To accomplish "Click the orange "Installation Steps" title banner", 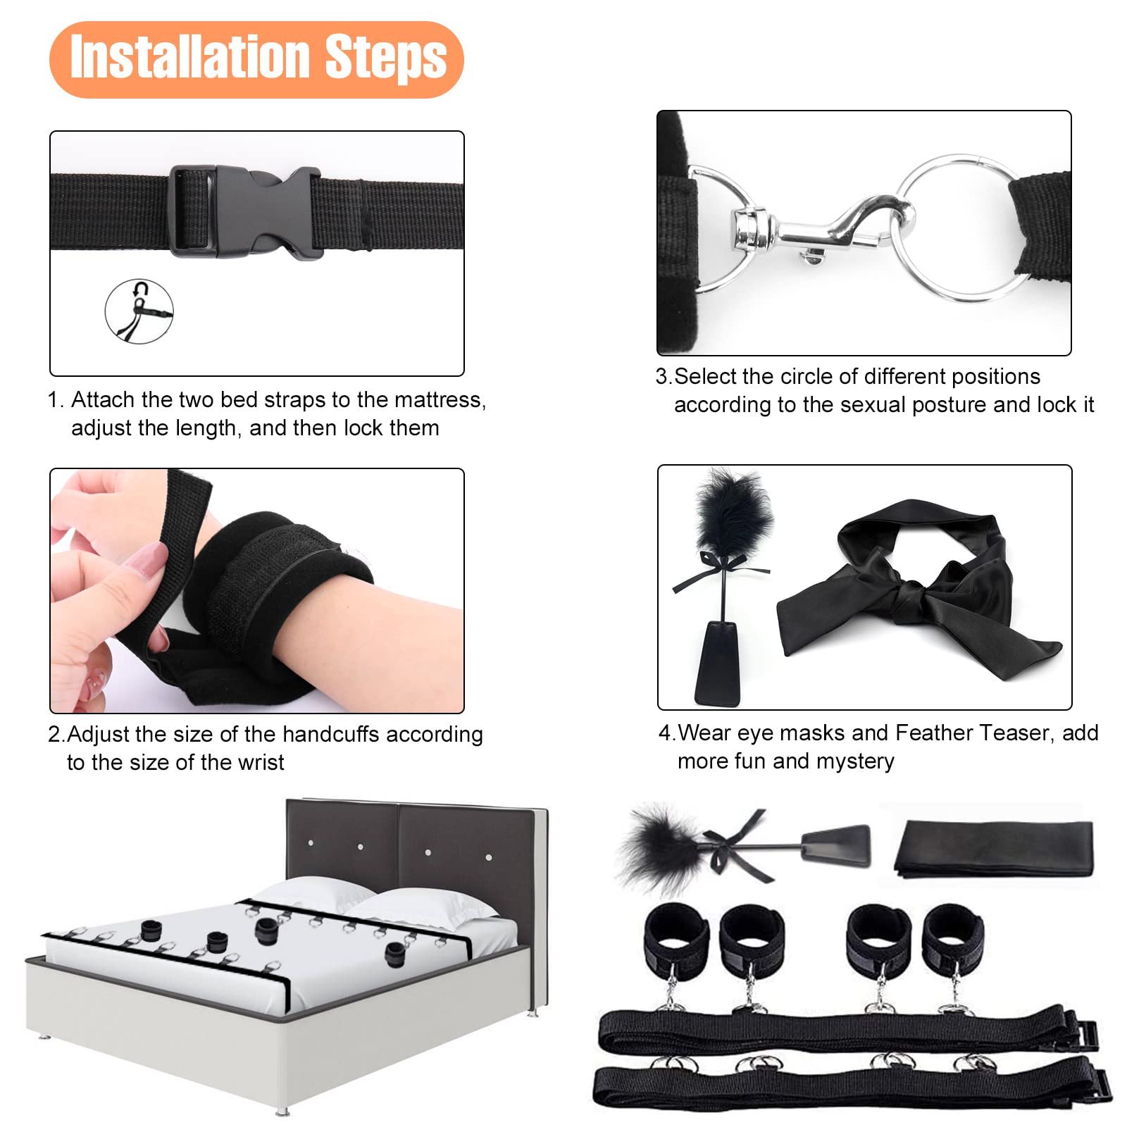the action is (256, 59).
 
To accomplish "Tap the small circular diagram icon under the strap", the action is (139, 311).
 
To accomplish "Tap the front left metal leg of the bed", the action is (282, 1110).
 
